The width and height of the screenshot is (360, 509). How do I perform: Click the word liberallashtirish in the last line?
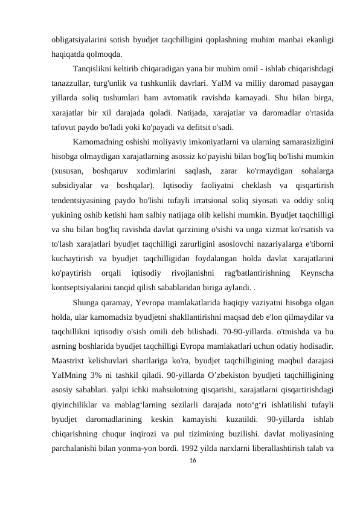click(289, 433)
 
